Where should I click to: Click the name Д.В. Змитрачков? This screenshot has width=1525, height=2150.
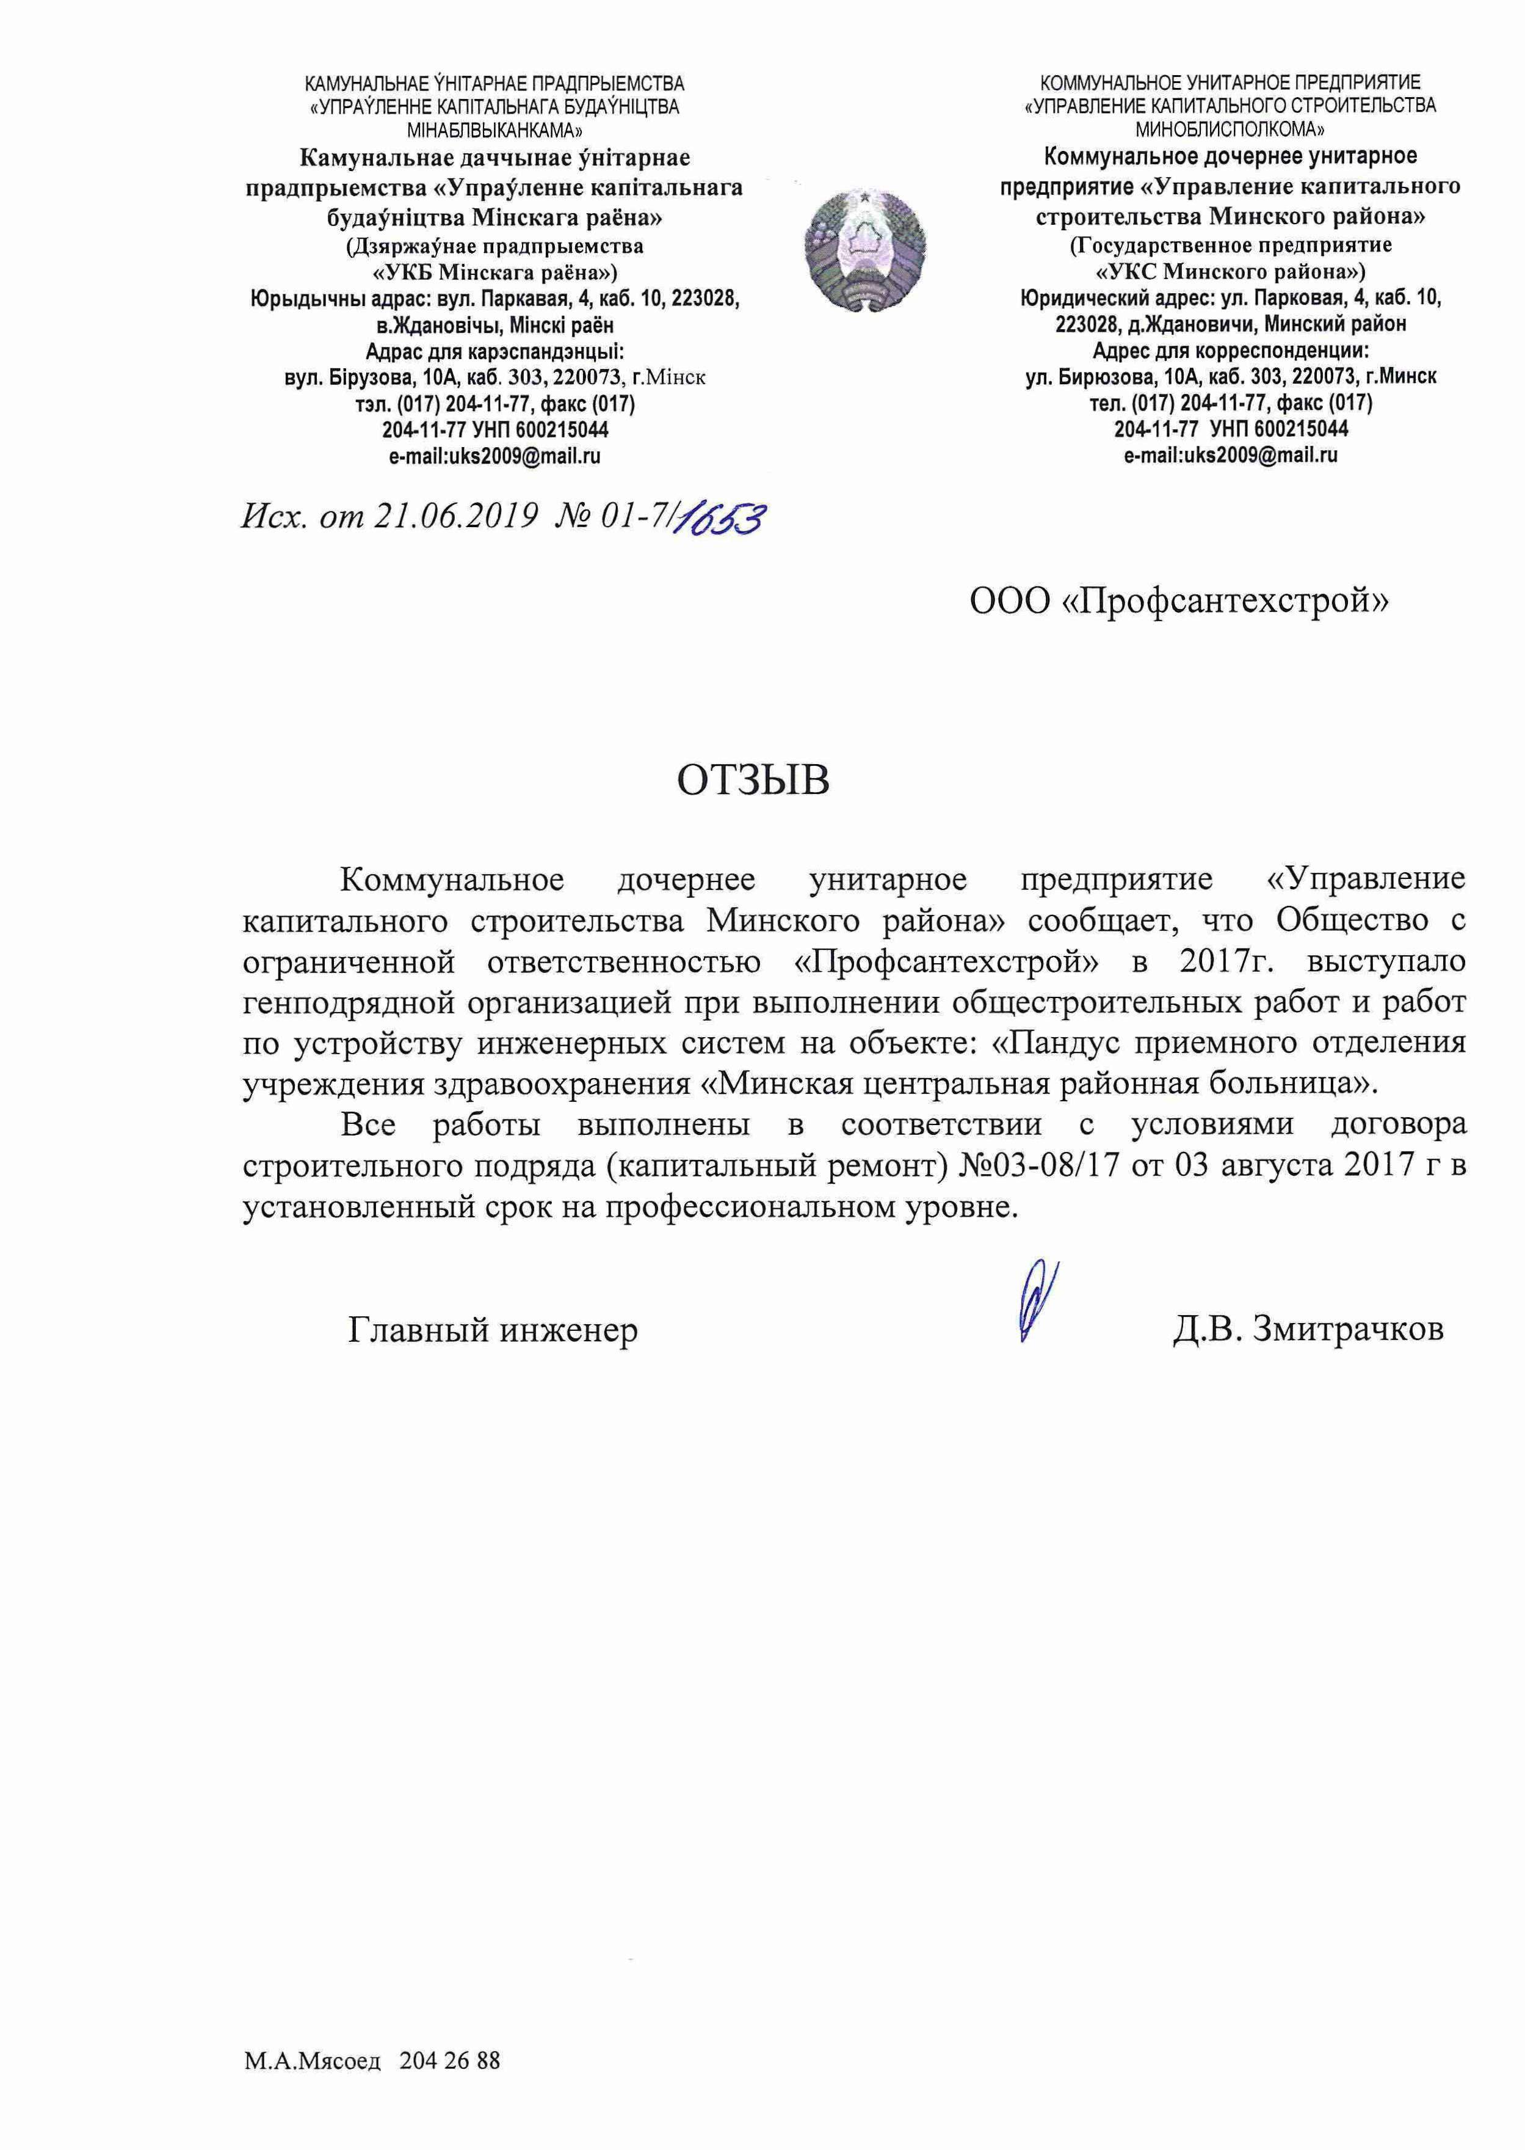click(x=1308, y=1329)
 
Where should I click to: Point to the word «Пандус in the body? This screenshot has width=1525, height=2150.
click(x=1056, y=1043)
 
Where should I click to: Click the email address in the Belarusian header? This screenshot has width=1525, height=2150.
click(x=494, y=456)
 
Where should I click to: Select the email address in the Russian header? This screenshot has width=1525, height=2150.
click(x=1230, y=456)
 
